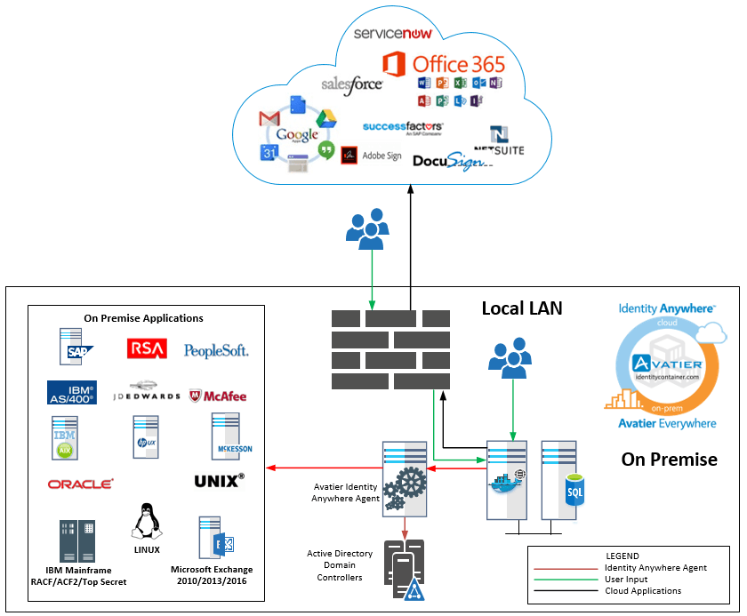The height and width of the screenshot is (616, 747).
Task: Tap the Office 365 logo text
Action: (458, 64)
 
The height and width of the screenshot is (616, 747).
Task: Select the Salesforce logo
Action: (351, 84)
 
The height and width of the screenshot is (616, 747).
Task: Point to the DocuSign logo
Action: (450, 160)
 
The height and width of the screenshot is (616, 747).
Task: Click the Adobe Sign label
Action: (382, 156)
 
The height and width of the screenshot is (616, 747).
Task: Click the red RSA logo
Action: (147, 349)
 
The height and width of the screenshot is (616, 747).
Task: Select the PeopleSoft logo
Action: (216, 350)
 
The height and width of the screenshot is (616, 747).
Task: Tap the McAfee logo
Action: (218, 396)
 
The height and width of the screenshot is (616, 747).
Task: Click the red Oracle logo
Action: (81, 484)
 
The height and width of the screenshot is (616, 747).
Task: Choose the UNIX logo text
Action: (219, 481)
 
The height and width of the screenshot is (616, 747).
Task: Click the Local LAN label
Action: (522, 308)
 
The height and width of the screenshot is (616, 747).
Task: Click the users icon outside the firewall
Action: (365, 229)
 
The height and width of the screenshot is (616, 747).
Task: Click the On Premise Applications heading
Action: (143, 318)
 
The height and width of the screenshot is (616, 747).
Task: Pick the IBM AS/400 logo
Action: (72, 392)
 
